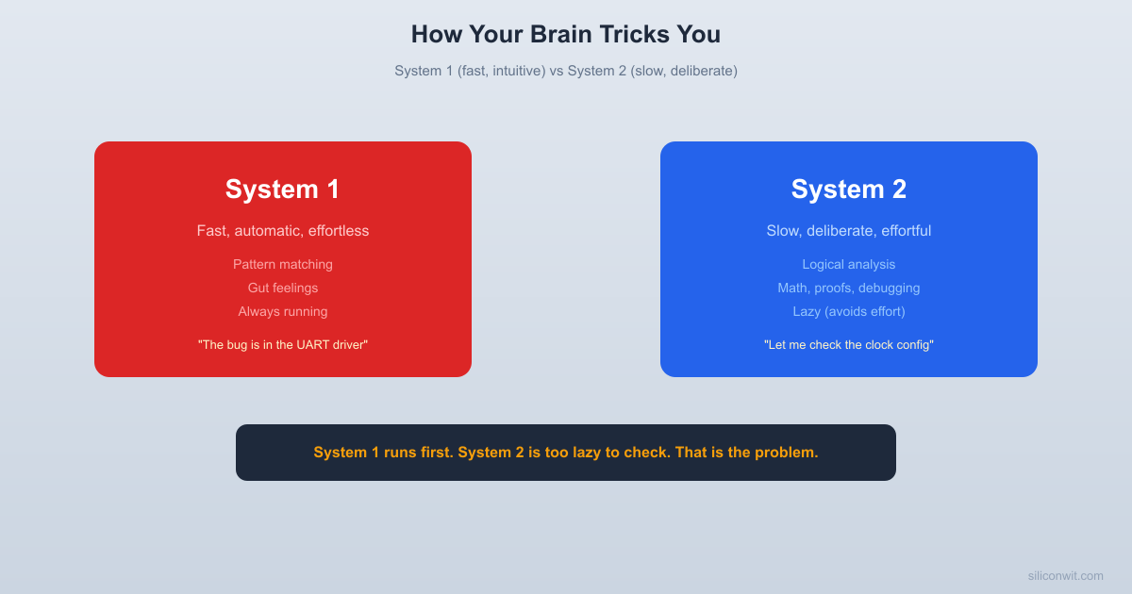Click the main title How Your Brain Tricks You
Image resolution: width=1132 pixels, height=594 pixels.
pos(566,35)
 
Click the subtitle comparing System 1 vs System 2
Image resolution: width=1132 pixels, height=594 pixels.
pos(566,71)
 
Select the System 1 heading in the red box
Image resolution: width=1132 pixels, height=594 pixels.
pos(283,190)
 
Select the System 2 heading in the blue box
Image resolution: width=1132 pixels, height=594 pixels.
pos(849,190)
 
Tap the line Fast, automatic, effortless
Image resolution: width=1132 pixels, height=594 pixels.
pos(283,231)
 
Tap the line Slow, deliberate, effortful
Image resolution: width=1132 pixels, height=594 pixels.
pos(849,231)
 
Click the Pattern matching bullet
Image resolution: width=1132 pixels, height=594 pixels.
pos(283,265)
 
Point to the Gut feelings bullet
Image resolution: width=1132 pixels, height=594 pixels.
pos(283,289)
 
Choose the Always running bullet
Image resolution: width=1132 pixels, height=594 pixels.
pos(283,312)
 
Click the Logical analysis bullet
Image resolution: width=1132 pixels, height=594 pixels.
pos(849,265)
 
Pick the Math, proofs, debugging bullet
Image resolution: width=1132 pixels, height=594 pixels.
pos(849,289)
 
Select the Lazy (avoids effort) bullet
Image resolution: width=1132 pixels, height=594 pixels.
pos(849,312)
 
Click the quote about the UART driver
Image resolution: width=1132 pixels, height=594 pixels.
pos(283,345)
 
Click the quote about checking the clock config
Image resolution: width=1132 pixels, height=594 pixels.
pos(849,345)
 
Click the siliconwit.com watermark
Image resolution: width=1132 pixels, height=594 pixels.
pos(1065,576)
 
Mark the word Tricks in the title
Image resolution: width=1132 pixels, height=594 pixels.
pos(632,35)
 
